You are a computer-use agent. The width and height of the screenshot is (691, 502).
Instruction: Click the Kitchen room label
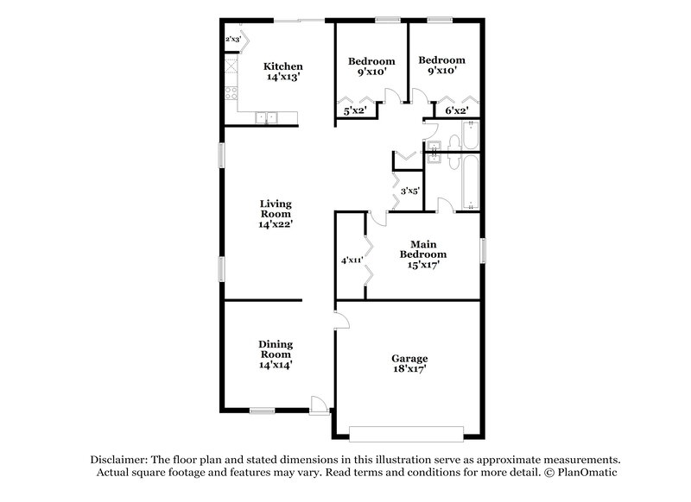pos(283,72)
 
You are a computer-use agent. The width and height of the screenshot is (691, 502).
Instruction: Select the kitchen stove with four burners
pos(230,91)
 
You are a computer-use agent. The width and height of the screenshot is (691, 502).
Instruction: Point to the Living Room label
pos(276,214)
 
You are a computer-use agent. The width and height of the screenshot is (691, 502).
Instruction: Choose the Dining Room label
pos(276,354)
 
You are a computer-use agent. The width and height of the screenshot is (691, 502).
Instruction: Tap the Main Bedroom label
pos(423,254)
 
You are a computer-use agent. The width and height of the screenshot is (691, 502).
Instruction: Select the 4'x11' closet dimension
pos(351,259)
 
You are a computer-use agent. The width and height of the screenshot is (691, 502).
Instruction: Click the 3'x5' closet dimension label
pos(410,191)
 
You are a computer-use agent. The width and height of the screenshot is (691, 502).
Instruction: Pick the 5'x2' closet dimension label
pos(356,111)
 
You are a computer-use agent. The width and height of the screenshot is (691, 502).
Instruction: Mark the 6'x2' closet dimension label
pos(456,111)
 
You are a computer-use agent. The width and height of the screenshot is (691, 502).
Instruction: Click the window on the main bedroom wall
pos(483,255)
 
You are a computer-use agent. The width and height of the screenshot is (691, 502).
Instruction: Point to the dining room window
pos(263,411)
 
